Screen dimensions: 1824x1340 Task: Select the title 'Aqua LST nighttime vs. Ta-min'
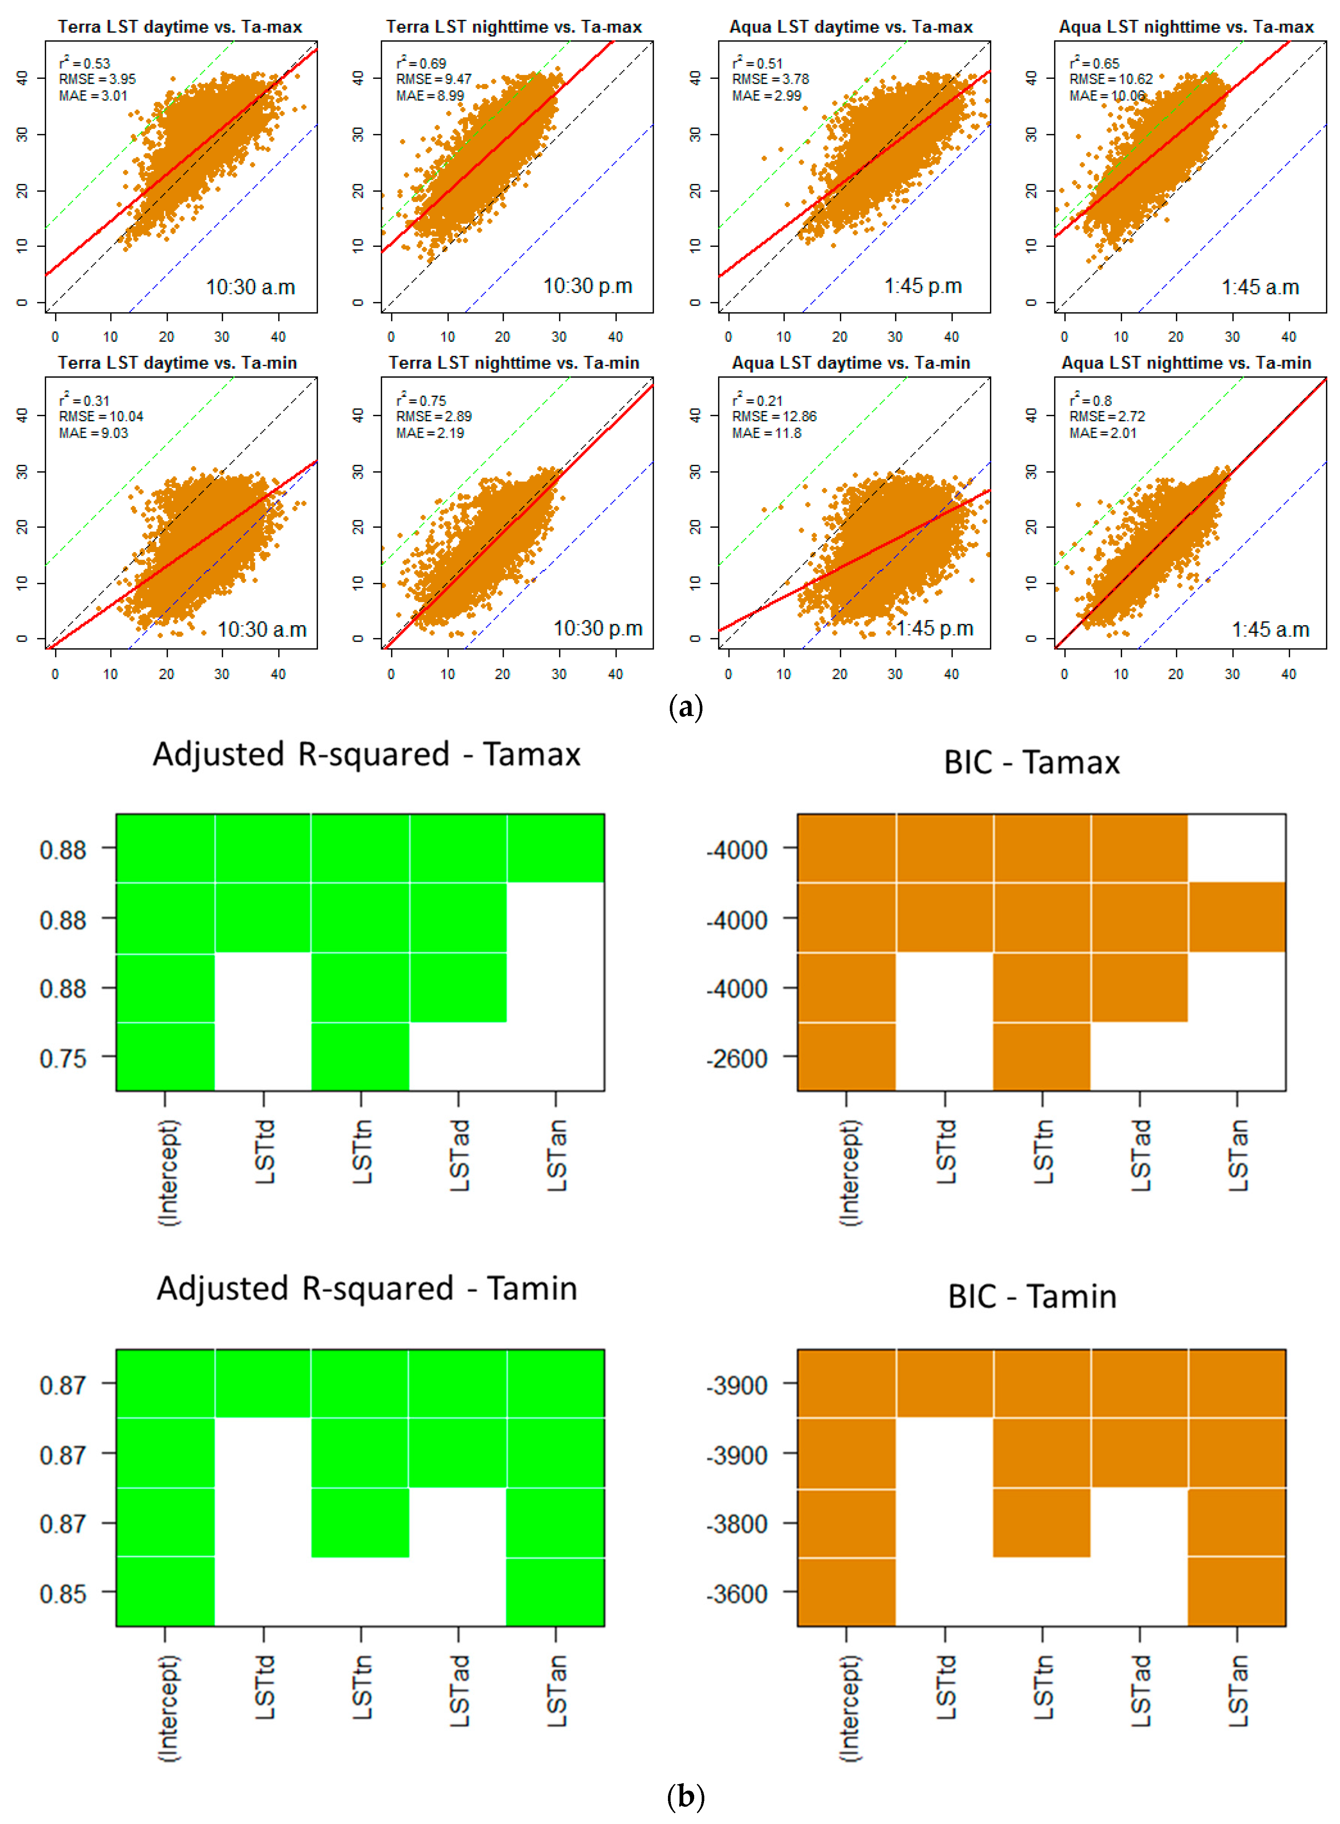1186,363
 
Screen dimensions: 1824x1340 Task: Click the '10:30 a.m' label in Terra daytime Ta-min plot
262,629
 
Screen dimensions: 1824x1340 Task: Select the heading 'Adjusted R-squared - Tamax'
367,754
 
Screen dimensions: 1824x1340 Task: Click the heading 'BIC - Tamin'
1032,1296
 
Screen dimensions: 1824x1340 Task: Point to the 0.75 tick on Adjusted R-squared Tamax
63,1058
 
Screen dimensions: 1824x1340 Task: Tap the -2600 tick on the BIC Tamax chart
737,1058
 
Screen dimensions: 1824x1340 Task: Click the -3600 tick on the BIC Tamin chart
737,1594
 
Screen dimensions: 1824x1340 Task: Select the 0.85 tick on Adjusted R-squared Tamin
63,1594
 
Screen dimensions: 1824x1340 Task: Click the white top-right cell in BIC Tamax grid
1236,848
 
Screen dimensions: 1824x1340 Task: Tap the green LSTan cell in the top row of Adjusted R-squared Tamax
556,848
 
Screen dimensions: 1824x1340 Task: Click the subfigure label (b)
686,1796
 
